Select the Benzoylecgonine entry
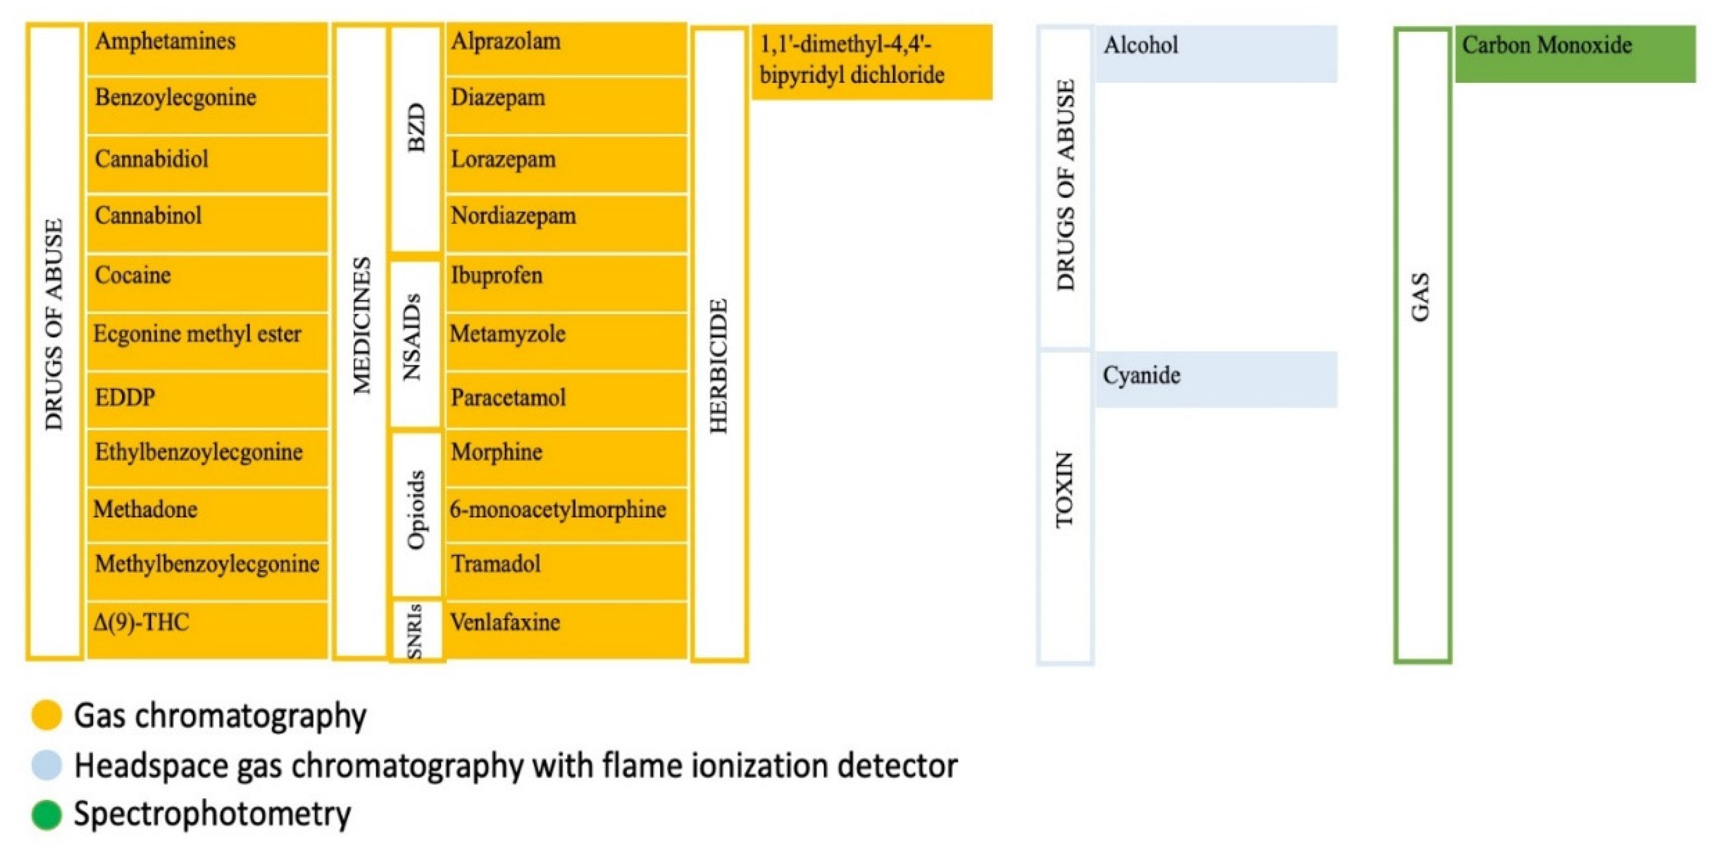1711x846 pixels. click(x=207, y=105)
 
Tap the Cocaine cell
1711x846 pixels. click(x=207, y=282)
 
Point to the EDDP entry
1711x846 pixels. click(x=207, y=399)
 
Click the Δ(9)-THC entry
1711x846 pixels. click(x=207, y=628)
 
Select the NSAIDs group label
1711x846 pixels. click(x=415, y=337)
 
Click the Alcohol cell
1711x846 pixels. click(x=1215, y=53)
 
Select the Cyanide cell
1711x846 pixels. click(x=1215, y=379)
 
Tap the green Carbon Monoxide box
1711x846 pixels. click(x=1575, y=53)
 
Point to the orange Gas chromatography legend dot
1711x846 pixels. click(x=46, y=715)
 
